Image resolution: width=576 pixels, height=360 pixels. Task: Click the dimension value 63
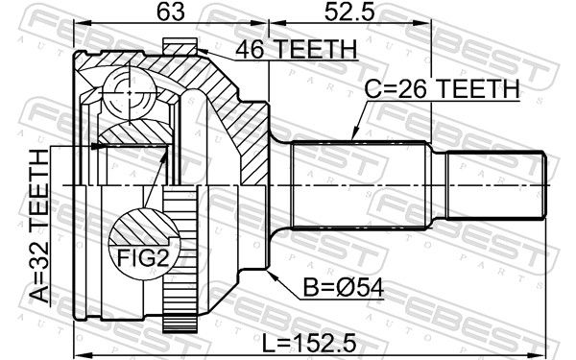[171, 12]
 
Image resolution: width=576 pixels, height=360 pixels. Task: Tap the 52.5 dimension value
[349, 12]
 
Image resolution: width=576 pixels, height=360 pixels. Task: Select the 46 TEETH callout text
[296, 49]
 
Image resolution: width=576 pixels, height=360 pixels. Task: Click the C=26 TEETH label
[442, 88]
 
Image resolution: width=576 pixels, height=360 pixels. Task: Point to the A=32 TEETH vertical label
[39, 226]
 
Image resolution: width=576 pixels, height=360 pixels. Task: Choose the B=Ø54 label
[344, 288]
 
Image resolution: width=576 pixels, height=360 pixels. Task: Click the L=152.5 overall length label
[309, 344]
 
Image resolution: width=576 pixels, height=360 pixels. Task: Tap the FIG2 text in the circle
[143, 257]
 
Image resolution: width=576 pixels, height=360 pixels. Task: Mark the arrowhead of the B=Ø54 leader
[271, 275]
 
